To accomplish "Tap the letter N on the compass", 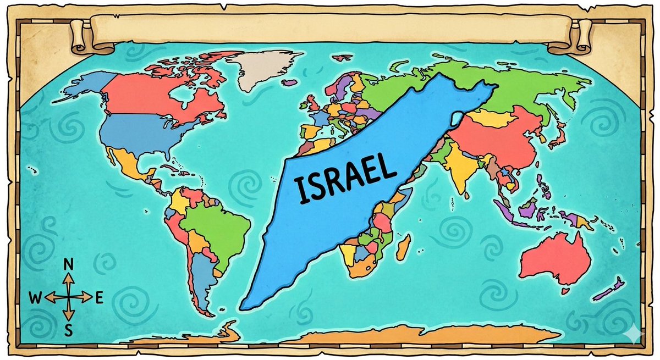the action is tap(69, 264).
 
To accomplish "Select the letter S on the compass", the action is tap(69, 330).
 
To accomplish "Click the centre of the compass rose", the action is tap(69, 297).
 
